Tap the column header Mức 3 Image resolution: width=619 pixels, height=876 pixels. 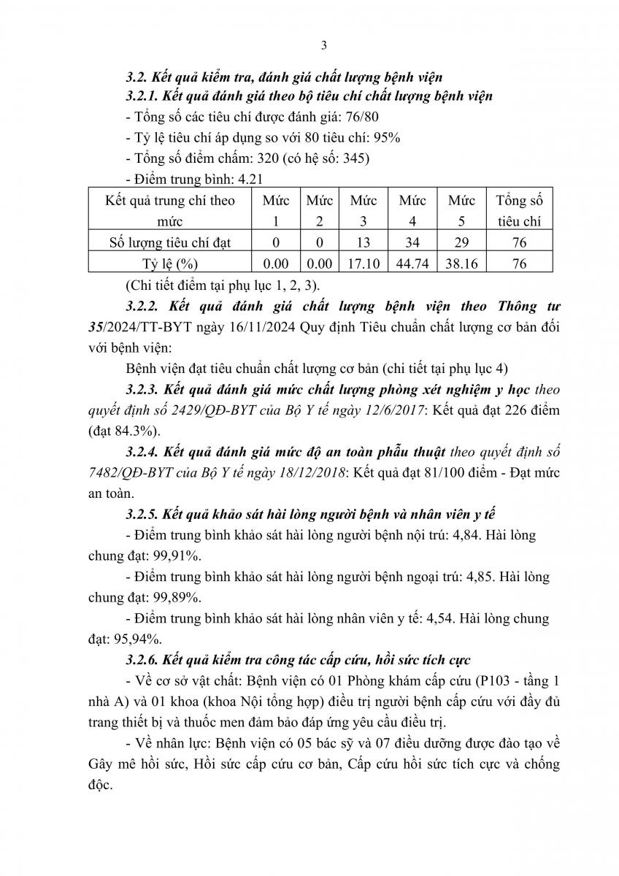click(364, 210)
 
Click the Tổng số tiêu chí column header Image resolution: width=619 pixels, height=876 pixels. click(520, 210)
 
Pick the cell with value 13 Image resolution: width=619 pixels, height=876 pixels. click(364, 242)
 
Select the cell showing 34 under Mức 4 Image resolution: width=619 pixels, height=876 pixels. click(413, 242)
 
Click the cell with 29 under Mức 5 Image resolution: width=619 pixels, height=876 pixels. click(461, 242)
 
